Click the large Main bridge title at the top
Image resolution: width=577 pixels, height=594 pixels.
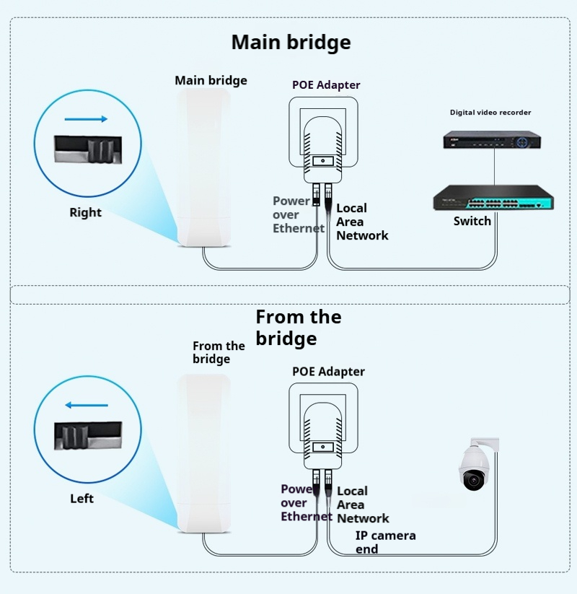coord(291,42)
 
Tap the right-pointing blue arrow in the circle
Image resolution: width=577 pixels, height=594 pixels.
coord(86,119)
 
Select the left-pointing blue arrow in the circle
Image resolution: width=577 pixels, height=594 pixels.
coord(85,405)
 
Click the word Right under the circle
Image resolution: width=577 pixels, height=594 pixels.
coord(85,212)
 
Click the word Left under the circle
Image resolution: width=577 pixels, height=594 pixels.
coord(82,498)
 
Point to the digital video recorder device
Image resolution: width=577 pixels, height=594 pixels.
coord(493,140)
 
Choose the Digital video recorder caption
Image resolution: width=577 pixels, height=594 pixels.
coord(490,113)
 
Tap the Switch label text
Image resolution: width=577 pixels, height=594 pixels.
coord(472,221)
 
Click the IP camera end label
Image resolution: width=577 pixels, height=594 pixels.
coord(385,542)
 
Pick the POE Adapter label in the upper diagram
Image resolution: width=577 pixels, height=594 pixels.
coord(326,85)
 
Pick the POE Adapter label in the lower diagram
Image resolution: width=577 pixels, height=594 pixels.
coord(328,372)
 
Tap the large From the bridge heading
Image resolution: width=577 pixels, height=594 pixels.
coord(298,328)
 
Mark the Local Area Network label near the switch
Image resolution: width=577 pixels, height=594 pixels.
coord(361,222)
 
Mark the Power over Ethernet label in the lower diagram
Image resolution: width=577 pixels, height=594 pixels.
coord(305,503)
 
